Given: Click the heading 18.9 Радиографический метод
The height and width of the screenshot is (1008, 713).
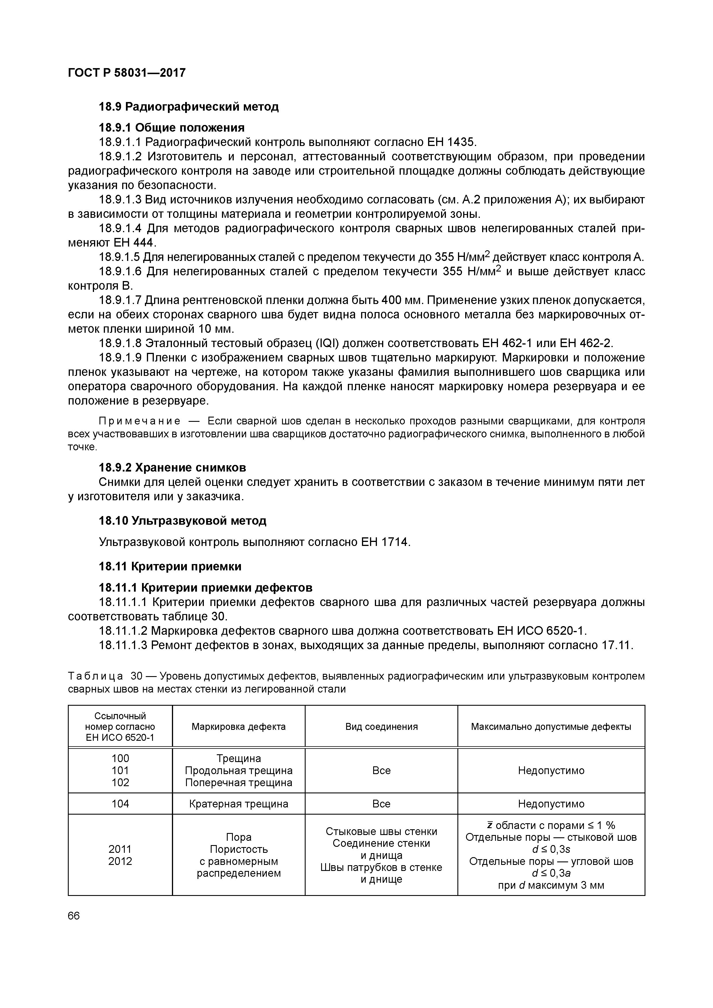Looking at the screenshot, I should tap(189, 107).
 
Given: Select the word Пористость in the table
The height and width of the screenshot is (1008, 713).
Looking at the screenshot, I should tap(239, 849).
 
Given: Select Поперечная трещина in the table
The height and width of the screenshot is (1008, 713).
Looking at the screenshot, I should tap(239, 782).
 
